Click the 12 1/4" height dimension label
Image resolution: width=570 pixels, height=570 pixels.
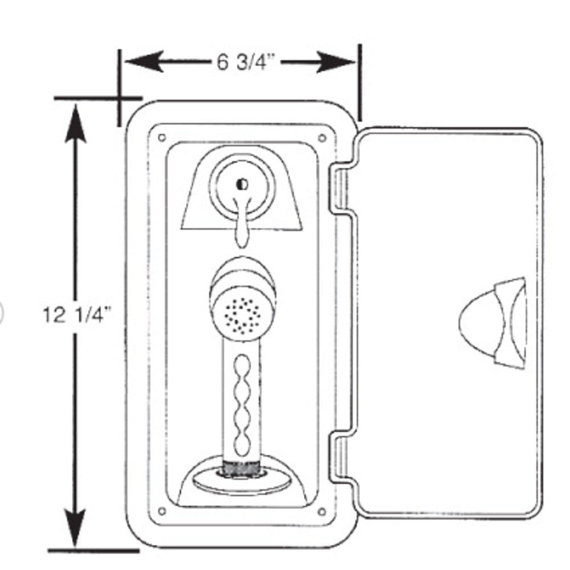tap(75, 315)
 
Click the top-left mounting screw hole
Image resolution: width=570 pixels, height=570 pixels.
tap(162, 137)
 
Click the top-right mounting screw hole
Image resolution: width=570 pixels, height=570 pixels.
tap(322, 137)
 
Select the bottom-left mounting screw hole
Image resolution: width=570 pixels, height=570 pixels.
tap(162, 511)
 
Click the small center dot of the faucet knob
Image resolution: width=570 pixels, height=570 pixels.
tap(242, 184)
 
